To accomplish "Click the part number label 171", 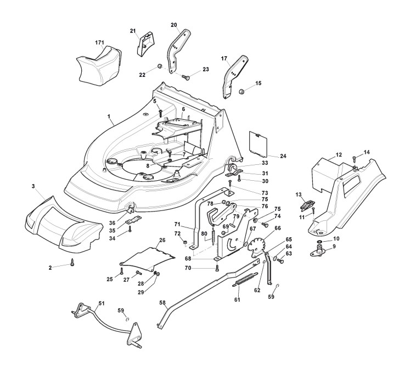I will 99,42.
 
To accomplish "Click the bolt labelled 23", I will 185,78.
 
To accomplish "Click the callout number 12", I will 339,155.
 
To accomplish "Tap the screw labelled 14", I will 355,159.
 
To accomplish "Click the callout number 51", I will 101,303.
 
